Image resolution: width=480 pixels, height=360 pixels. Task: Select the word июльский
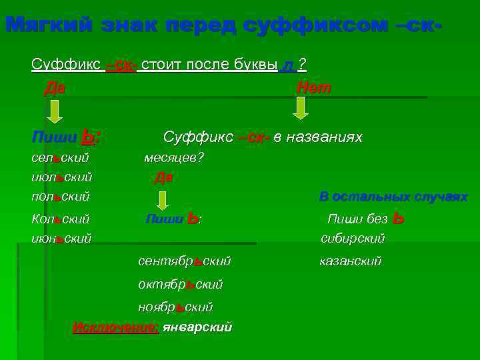point(61,177)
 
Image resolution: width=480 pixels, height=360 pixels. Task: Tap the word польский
point(60,197)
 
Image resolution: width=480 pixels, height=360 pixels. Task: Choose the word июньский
point(61,237)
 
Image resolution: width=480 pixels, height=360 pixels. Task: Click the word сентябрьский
point(184,261)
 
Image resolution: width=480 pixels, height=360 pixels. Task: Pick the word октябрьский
point(180,284)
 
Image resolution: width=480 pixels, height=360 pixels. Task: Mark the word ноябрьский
point(175,307)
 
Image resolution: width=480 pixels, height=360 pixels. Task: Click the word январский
point(197,327)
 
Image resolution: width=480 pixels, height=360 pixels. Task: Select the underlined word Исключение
point(115,327)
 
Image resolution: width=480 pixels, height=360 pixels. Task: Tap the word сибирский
point(353,238)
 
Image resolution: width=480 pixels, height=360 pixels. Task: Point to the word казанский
point(351,261)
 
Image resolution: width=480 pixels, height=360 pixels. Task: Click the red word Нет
point(313,88)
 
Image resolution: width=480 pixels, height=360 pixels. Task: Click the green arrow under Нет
point(301,107)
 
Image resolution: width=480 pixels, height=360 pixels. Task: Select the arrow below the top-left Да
point(55,110)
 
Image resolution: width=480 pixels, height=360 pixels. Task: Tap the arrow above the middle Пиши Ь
point(163,199)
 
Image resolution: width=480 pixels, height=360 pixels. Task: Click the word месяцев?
point(174,158)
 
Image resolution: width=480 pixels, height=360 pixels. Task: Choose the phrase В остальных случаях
point(393,197)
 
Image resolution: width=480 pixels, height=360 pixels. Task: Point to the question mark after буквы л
point(302,64)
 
